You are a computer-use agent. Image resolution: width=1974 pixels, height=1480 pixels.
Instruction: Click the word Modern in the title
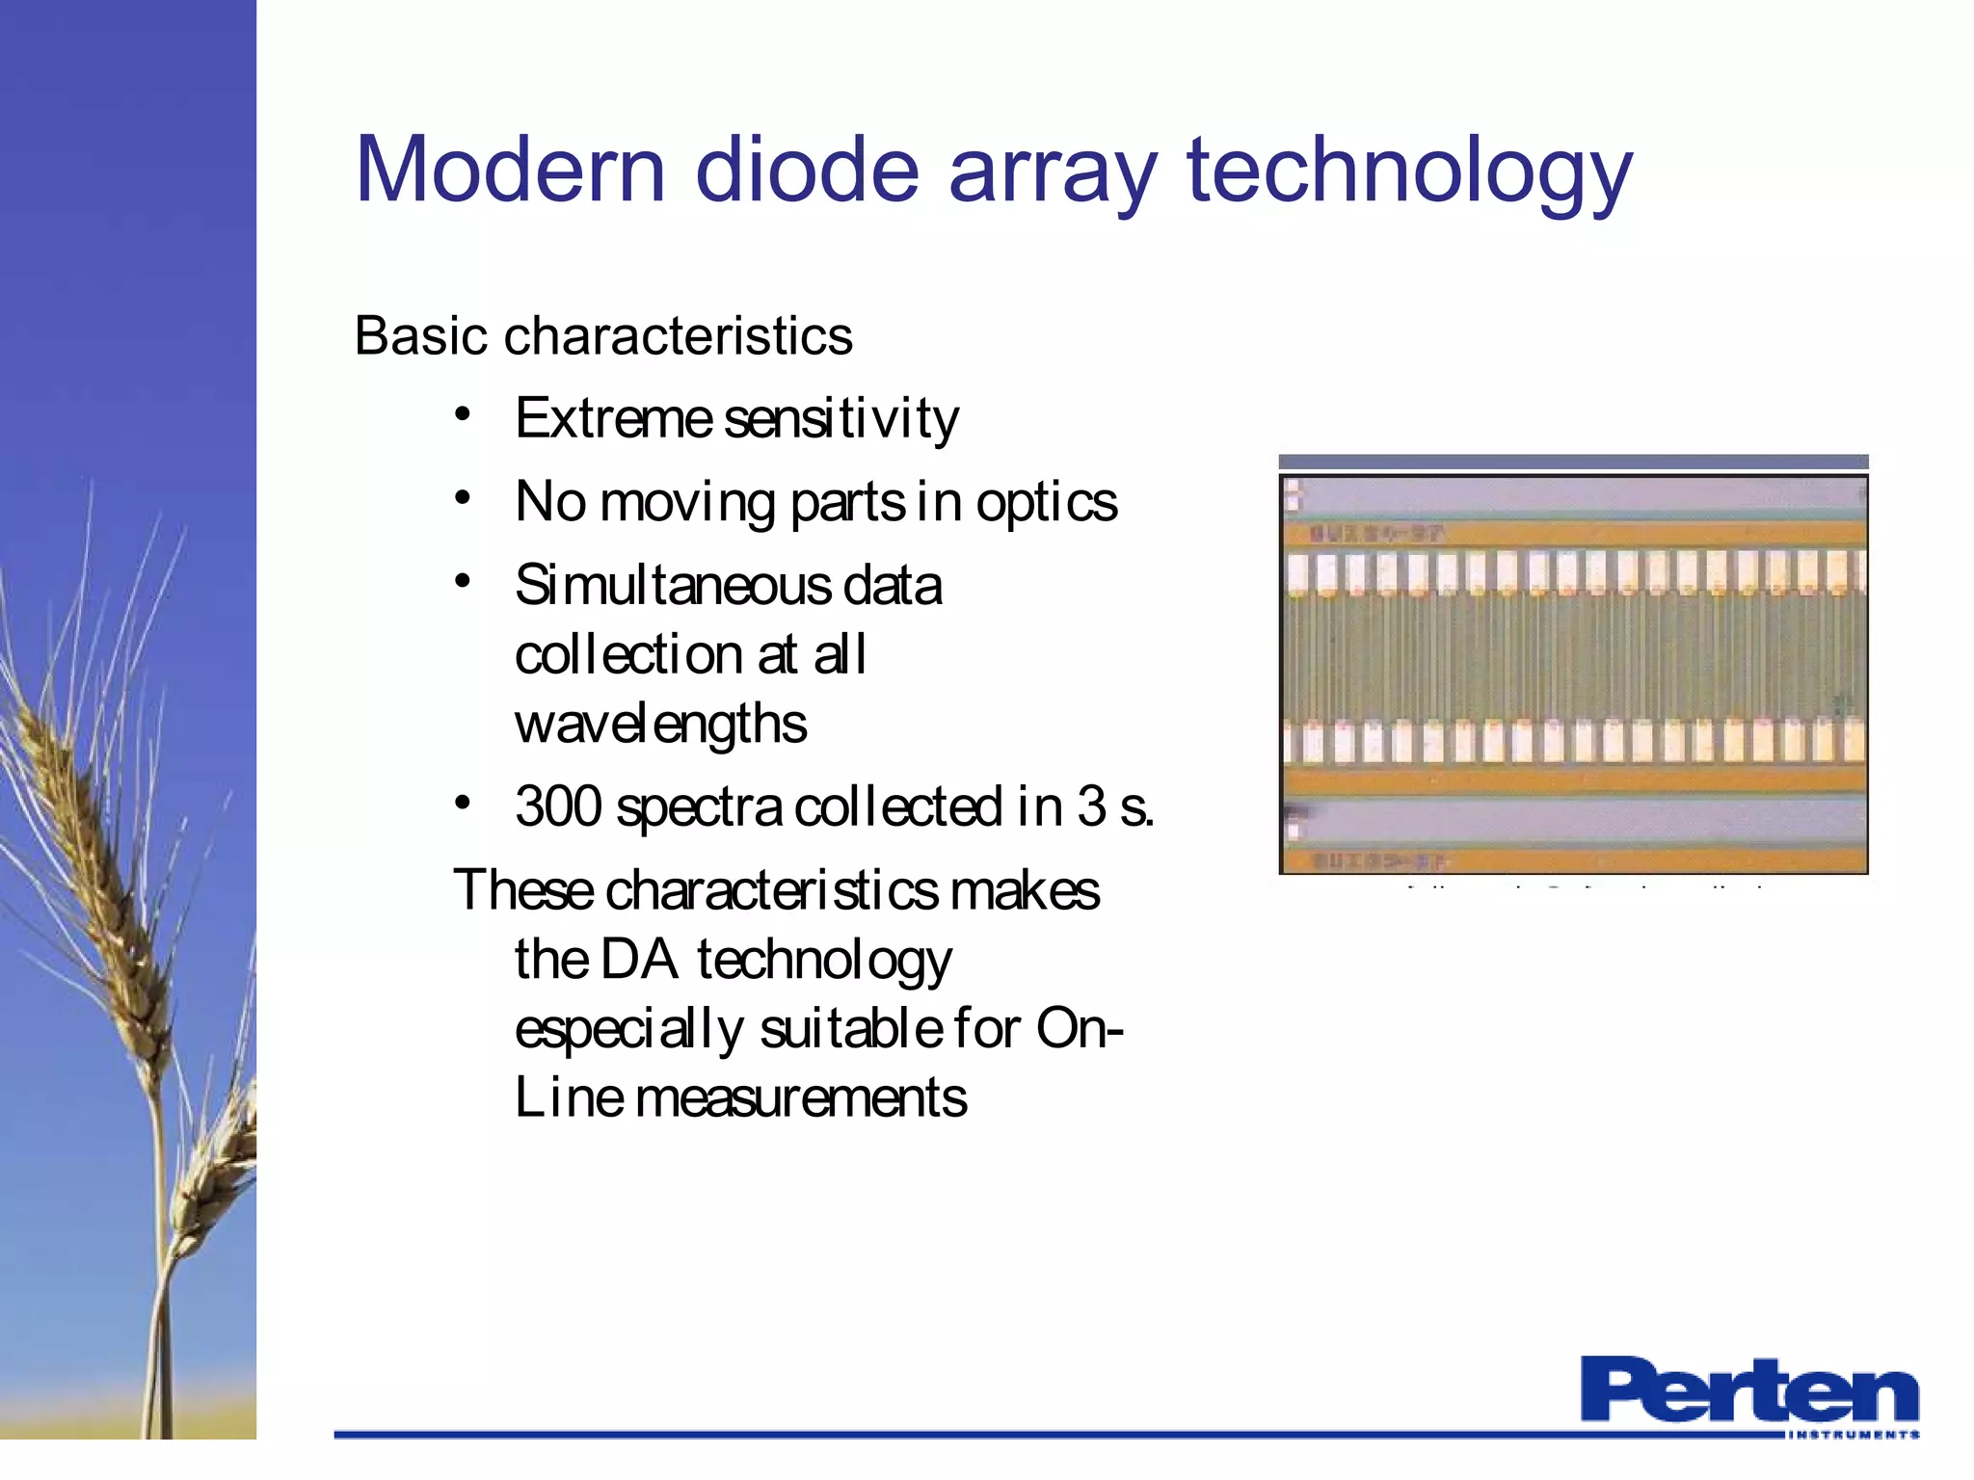510,171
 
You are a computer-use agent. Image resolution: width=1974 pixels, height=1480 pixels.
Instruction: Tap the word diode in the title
808,171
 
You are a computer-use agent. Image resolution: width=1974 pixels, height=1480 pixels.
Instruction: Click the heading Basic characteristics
603,336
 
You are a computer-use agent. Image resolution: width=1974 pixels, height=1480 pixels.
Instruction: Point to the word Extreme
613,419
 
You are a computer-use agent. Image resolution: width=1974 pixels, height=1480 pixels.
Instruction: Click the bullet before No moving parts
464,498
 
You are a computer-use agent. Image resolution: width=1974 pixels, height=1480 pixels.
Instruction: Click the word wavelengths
660,726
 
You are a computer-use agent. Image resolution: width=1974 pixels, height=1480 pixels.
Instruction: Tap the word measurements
801,1098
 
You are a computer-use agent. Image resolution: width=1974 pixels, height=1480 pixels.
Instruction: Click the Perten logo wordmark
1748,1388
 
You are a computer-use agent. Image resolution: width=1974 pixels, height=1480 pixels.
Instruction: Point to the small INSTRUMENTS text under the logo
1852,1435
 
